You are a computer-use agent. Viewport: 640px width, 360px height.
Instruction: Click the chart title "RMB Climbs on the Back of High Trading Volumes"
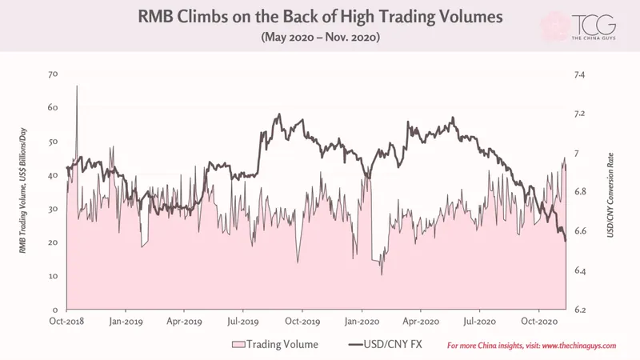click(x=320, y=17)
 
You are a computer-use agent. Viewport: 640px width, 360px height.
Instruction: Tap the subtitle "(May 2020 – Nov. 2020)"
click(x=321, y=37)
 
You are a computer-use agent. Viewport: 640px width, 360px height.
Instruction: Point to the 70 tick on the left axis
click(x=53, y=74)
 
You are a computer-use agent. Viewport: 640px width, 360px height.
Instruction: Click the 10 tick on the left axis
click(x=53, y=276)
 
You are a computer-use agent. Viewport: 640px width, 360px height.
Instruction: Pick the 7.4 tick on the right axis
click(x=579, y=74)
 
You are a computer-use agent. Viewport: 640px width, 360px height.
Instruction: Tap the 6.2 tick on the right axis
click(x=580, y=310)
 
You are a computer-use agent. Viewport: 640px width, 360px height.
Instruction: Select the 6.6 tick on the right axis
click(x=580, y=231)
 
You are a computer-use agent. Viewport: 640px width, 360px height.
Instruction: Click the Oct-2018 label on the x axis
click(x=66, y=322)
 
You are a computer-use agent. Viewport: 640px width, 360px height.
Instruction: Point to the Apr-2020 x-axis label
click(x=421, y=322)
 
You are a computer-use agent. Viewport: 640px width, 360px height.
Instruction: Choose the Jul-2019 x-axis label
click(x=243, y=322)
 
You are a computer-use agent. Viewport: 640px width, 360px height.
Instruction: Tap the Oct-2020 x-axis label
click(x=539, y=322)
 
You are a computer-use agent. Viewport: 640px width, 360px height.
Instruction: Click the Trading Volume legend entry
click(x=275, y=345)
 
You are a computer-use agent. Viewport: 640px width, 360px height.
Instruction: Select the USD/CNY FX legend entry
click(x=386, y=345)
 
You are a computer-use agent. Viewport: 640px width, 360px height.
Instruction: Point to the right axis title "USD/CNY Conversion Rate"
click(x=610, y=195)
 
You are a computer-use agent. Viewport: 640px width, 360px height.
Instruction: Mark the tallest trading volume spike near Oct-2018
click(x=77, y=86)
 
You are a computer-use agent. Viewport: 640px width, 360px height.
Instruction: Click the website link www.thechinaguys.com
click(x=579, y=346)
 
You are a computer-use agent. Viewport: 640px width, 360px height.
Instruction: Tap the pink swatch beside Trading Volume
click(x=238, y=345)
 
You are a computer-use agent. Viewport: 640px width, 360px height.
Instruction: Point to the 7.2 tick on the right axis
click(x=579, y=114)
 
